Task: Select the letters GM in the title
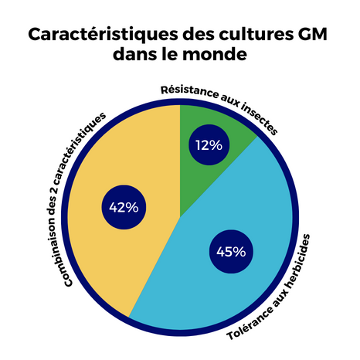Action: click(x=314, y=36)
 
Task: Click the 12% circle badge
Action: click(x=209, y=144)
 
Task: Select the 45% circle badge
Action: click(x=231, y=251)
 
